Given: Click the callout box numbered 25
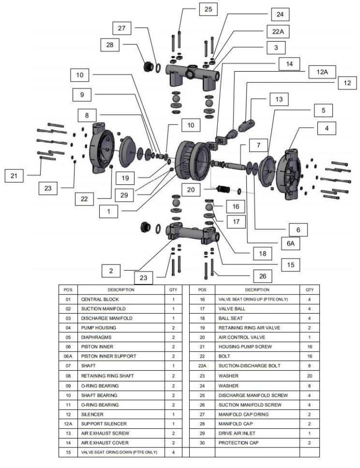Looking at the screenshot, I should [x=208, y=9].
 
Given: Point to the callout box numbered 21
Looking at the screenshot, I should [x=14, y=176].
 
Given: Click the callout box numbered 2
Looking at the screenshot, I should [x=111, y=271].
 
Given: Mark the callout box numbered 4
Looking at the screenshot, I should [x=327, y=127].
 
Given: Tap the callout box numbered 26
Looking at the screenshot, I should [x=262, y=276].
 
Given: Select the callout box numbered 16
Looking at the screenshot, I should [x=236, y=206].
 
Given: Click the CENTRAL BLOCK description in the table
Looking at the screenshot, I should [x=100, y=299].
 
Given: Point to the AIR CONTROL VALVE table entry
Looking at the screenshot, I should [x=240, y=337].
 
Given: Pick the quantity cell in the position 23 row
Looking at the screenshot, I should [x=309, y=376].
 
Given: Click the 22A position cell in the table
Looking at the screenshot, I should [x=202, y=366].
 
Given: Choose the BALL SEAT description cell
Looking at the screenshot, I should [x=229, y=318].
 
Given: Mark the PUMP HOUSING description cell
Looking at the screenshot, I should [x=98, y=328].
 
